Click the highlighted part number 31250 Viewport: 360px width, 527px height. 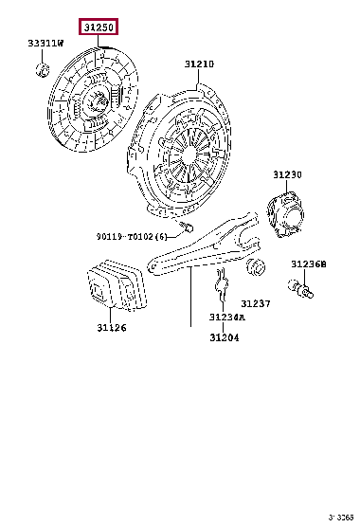coord(97,28)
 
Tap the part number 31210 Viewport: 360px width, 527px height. coord(199,64)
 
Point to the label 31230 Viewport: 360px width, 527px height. coord(287,174)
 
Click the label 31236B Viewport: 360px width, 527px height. coord(308,264)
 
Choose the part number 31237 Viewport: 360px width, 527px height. coord(255,303)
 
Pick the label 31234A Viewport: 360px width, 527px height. coord(226,317)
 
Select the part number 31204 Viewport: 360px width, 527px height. coord(225,337)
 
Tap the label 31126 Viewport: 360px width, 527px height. coord(111,328)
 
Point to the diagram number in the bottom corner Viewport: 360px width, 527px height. coord(339,518)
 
